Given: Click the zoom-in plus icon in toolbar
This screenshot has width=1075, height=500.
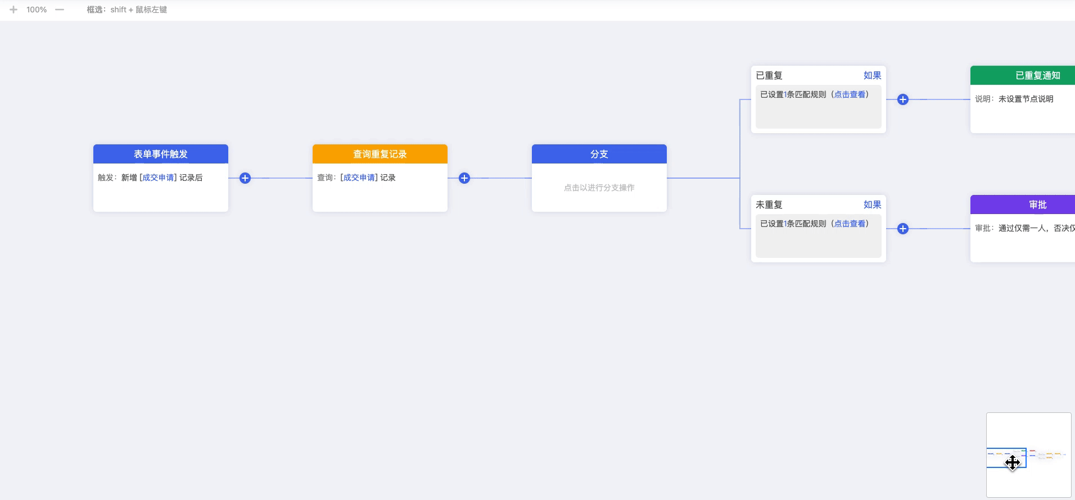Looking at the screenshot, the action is click(13, 10).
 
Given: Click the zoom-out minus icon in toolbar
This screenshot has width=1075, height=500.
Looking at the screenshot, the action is click(60, 10).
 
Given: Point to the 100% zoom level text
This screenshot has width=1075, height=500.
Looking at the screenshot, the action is click(37, 10).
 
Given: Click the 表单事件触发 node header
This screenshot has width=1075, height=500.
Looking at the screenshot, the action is click(161, 154).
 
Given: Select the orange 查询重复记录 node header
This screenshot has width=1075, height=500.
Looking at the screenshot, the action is click(380, 154).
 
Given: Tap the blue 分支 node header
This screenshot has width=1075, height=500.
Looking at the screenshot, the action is click(599, 154).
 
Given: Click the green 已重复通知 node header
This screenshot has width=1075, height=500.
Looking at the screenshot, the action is click(1023, 75).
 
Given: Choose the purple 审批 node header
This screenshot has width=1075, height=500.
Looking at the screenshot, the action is click(1023, 204).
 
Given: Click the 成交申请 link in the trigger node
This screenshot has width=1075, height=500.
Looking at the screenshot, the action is click(158, 178).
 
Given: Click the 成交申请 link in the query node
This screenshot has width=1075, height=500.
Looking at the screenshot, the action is click(359, 178).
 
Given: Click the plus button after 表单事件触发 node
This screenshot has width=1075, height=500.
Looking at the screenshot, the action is click(245, 178).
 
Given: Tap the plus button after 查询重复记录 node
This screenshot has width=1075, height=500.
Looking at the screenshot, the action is click(464, 178).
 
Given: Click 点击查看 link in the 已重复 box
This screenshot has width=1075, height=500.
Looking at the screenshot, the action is click(850, 94).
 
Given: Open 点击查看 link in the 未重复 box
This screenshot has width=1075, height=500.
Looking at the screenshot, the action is click(850, 224).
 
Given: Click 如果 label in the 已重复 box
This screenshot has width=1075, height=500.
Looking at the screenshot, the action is click(873, 75).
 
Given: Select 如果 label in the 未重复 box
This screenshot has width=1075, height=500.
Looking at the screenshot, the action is click(873, 204).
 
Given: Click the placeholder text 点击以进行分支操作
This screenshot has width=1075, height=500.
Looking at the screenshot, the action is click(599, 188).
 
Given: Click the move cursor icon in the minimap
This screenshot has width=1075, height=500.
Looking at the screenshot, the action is click(1013, 462).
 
